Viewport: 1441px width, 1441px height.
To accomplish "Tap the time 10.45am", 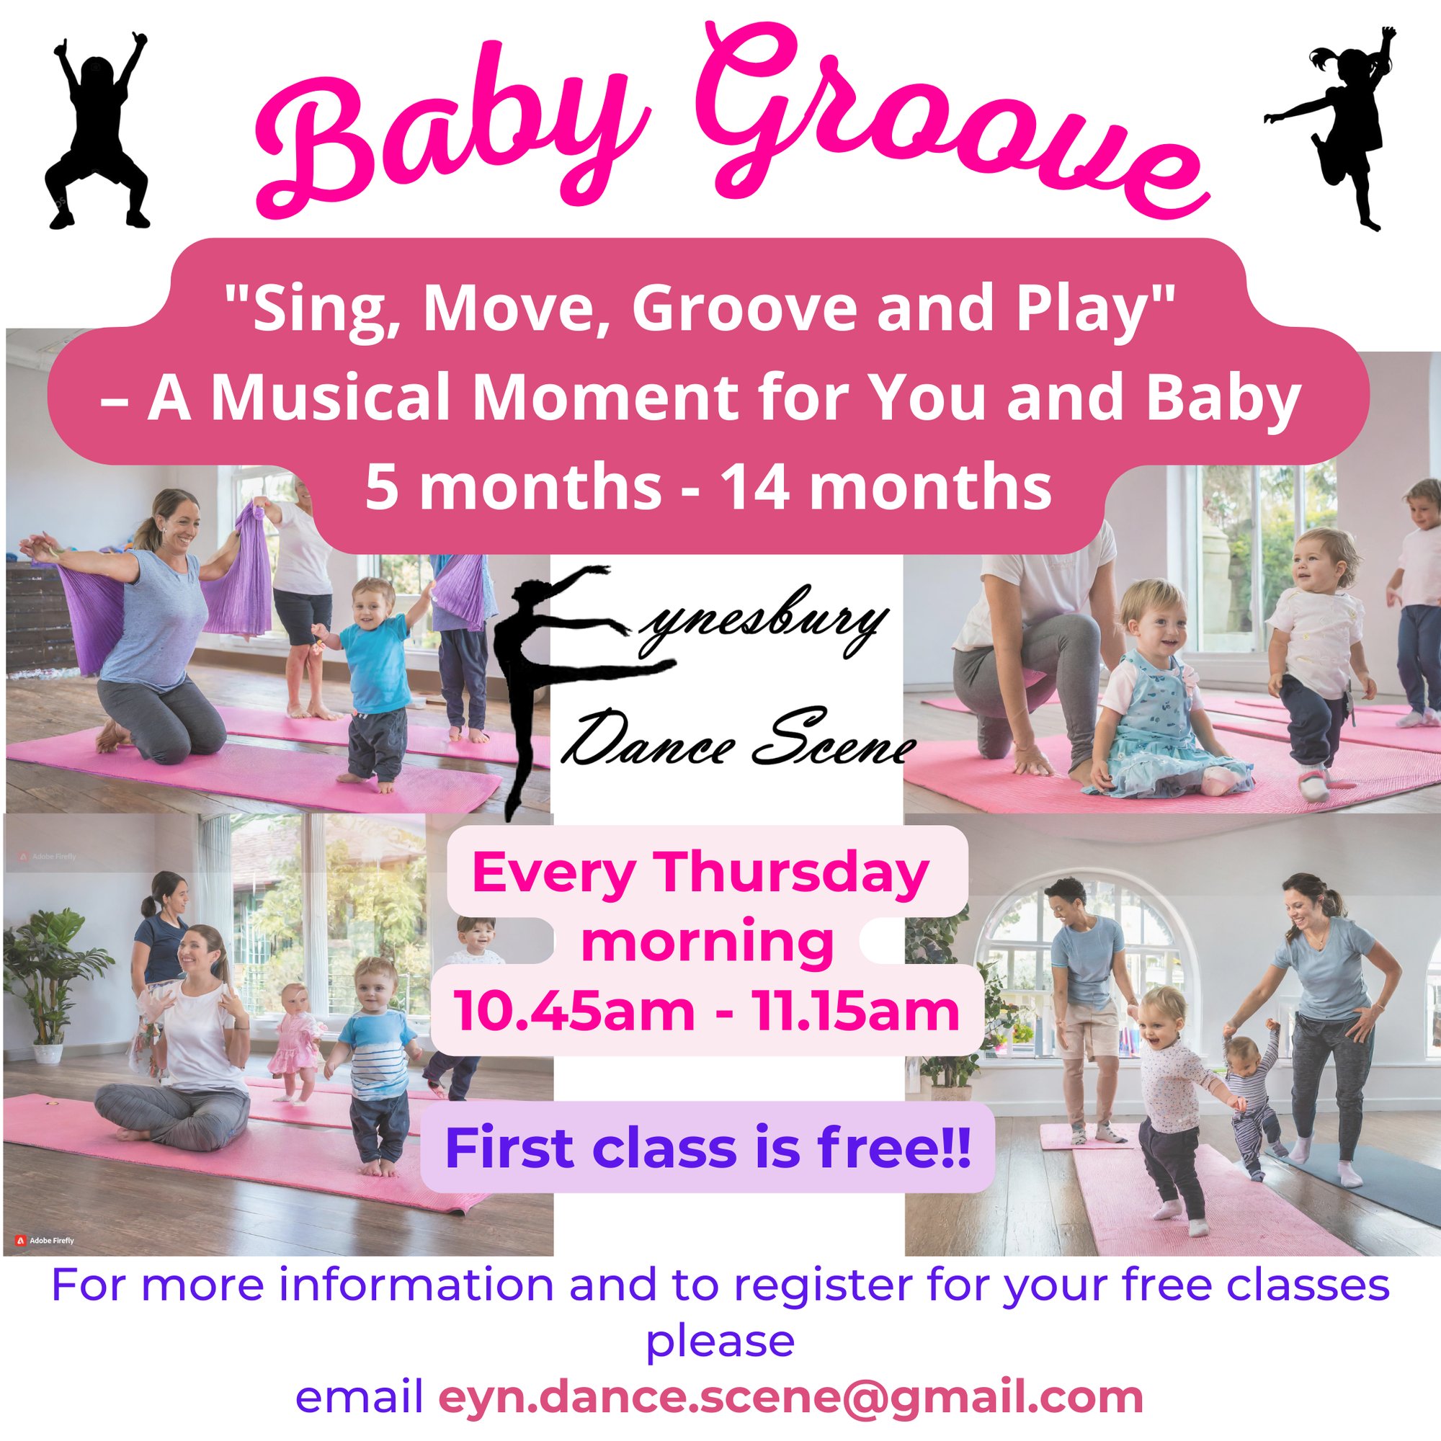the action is [x=574, y=1012].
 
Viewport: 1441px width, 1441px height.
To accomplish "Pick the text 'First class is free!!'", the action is [x=708, y=1149].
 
